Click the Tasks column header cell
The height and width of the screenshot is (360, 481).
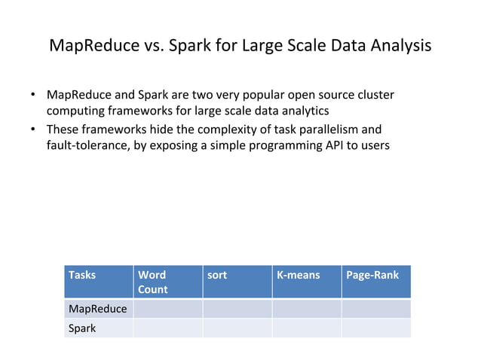[x=98, y=282]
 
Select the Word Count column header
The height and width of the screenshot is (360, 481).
[x=167, y=282]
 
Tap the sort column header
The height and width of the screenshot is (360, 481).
[x=237, y=282]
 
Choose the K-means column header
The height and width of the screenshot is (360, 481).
[x=306, y=282]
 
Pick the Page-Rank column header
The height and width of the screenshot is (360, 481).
[x=376, y=282]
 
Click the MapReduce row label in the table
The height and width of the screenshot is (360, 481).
[x=98, y=309]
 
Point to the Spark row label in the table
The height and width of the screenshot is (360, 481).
[x=98, y=328]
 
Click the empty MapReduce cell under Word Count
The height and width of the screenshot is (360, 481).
[x=167, y=309]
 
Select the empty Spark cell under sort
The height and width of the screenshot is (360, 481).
[x=237, y=328]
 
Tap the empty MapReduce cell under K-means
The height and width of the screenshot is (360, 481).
[x=306, y=309]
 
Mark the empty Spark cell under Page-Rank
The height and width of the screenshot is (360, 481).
[x=376, y=328]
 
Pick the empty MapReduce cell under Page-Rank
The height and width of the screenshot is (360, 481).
[x=376, y=309]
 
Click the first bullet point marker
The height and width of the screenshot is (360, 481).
[x=34, y=96]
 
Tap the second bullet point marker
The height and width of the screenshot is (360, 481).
[x=34, y=129]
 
